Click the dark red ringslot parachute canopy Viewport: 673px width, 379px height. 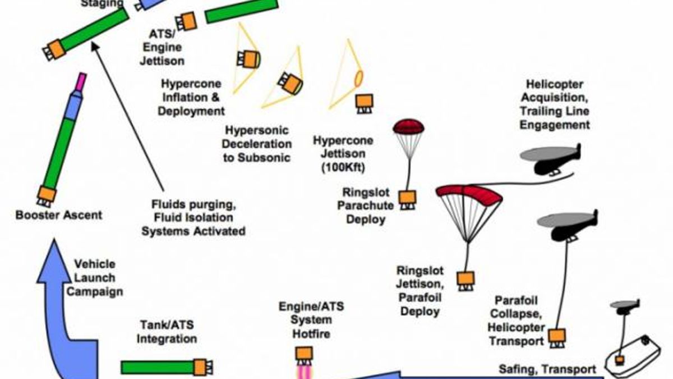(x=408, y=127)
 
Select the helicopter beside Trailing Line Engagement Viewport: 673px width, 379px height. (x=550, y=160)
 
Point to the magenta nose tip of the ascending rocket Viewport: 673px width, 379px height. (x=81, y=81)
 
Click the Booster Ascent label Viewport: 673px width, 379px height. (x=59, y=215)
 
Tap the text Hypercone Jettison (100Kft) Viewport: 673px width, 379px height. (x=343, y=154)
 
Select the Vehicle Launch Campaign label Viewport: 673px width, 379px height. (x=95, y=278)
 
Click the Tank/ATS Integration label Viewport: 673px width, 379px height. (x=167, y=332)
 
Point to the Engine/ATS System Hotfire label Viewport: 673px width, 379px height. (x=312, y=320)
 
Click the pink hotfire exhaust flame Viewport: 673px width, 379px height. (x=304, y=372)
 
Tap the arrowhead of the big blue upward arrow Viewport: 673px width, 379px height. (x=54, y=261)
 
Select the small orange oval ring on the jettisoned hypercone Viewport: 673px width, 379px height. (x=359, y=79)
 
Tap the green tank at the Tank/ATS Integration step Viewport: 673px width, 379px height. (x=157, y=367)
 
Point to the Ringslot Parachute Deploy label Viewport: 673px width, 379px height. (x=366, y=206)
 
